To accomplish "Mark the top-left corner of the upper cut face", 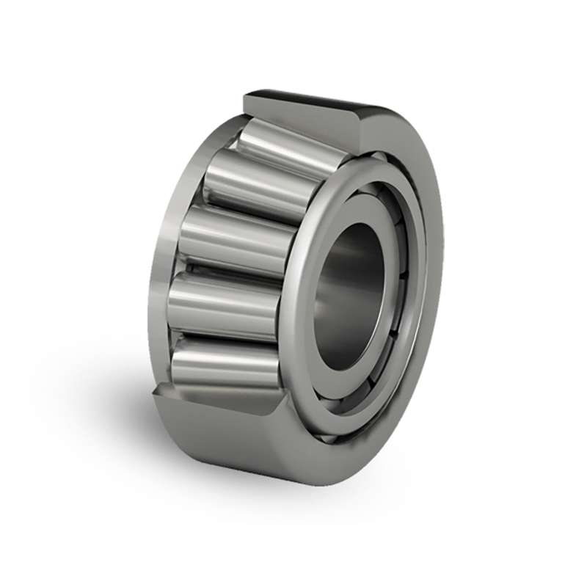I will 246,94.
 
